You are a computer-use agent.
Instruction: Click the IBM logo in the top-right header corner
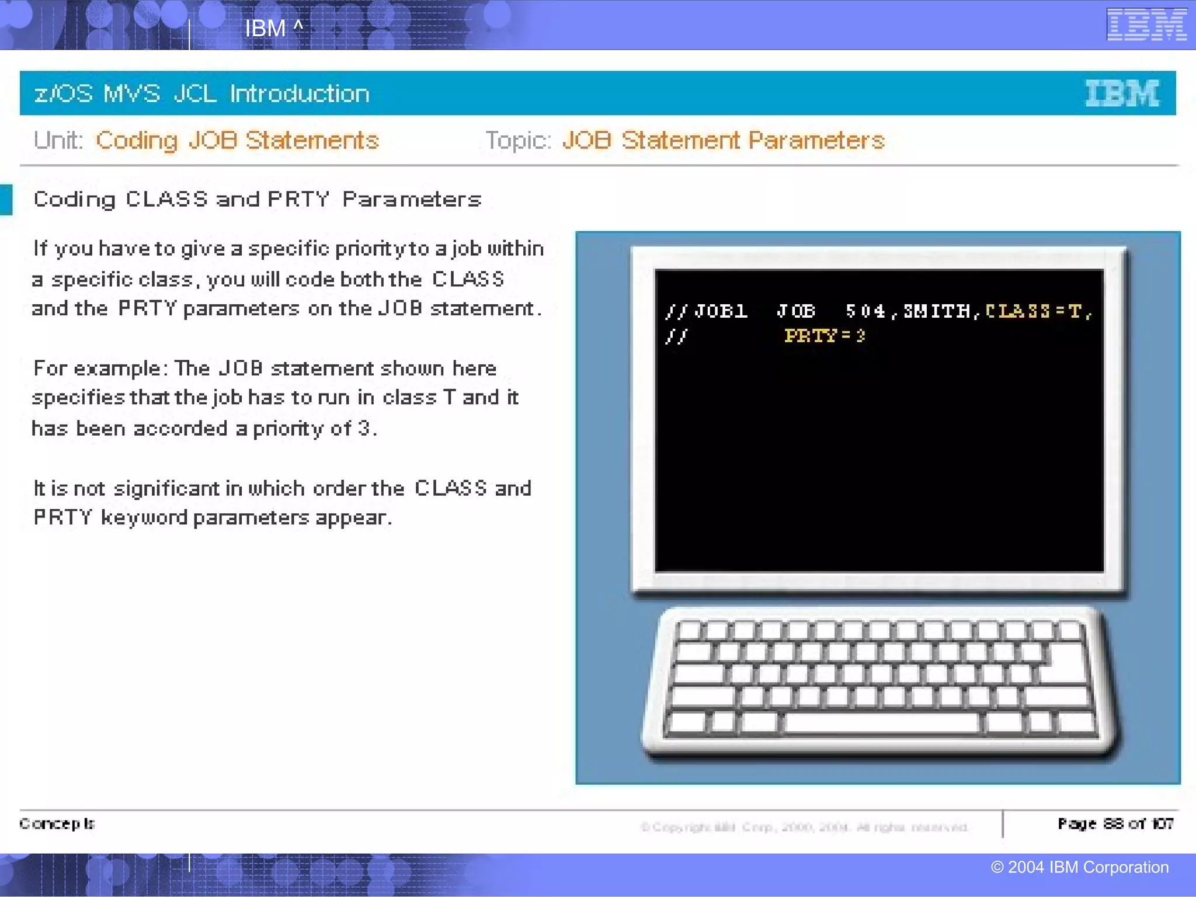(1146, 25)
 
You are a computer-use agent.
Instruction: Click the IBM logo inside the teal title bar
(1122, 93)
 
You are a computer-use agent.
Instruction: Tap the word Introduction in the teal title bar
(299, 93)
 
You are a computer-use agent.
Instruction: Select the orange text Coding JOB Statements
(237, 141)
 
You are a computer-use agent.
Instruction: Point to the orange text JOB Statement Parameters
(723, 141)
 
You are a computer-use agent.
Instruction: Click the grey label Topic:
(518, 141)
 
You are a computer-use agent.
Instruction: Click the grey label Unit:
(58, 141)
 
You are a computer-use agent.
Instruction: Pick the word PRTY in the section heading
(298, 200)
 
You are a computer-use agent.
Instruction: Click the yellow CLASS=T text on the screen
(1037, 311)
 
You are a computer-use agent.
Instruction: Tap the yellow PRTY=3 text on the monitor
(824, 336)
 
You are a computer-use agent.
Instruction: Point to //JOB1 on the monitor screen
(707, 311)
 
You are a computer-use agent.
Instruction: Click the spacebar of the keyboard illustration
(882, 722)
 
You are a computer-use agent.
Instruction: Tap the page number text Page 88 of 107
(1115, 823)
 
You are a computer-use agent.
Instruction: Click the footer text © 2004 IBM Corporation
(1079, 867)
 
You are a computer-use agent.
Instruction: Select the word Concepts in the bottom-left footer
(57, 823)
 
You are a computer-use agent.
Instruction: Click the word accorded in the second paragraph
(180, 429)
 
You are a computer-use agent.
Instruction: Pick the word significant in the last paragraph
(166, 488)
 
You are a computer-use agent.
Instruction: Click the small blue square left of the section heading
(6, 200)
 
